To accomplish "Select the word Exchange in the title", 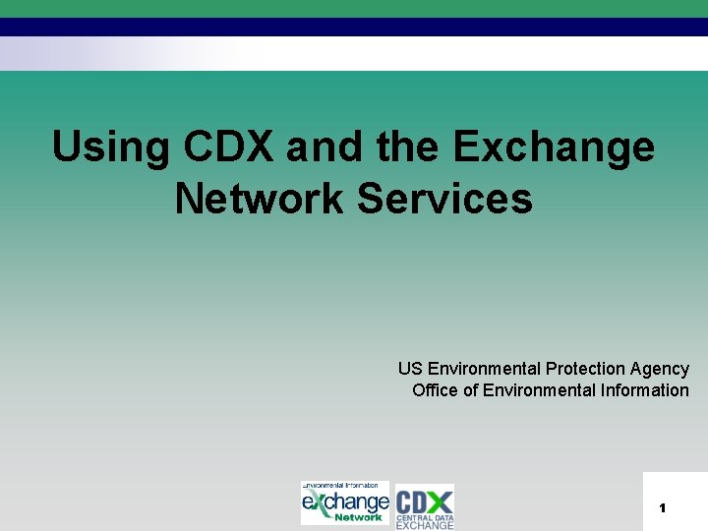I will click(x=554, y=148).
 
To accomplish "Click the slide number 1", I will click(x=663, y=508).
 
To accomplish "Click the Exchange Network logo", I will click(x=345, y=502).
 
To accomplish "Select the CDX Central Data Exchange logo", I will click(x=425, y=505).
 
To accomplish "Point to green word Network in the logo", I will click(x=358, y=517).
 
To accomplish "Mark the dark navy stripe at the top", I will click(x=354, y=27).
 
